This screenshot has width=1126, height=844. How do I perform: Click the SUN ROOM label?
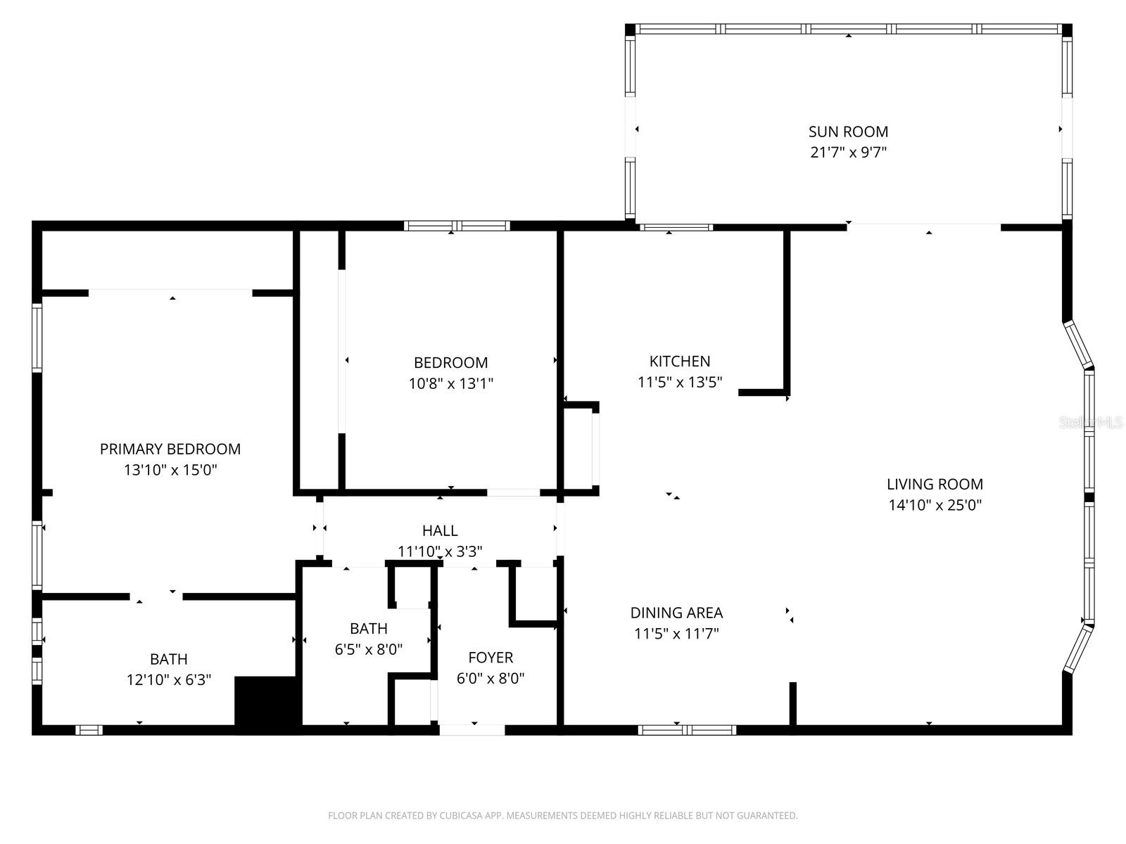pos(848,132)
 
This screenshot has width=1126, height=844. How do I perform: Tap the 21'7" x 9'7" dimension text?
pos(848,152)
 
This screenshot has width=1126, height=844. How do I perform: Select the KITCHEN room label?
pos(679,362)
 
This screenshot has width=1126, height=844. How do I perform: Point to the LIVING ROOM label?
pos(935,484)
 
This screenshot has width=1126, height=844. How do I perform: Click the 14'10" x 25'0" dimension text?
pos(935,505)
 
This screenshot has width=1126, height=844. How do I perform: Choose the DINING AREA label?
pos(676,613)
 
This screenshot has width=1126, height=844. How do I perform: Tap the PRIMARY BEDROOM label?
pos(170,449)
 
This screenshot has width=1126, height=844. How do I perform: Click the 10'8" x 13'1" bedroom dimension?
pos(450,383)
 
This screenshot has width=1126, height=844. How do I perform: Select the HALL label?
pos(440,530)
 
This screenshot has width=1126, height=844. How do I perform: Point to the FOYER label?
pos(491,658)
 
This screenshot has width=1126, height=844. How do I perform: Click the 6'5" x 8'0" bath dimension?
pos(368,648)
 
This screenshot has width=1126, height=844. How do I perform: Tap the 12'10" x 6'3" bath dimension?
pos(169,680)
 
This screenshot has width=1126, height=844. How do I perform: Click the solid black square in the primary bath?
pos(265,701)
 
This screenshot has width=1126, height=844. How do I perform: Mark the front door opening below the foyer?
pos(472,730)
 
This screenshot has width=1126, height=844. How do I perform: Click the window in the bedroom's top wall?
pos(457,226)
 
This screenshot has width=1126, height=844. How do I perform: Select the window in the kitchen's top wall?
pos(676,227)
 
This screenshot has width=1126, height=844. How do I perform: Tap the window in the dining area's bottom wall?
pos(687,730)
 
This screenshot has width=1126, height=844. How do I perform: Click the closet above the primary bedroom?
pos(167,260)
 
